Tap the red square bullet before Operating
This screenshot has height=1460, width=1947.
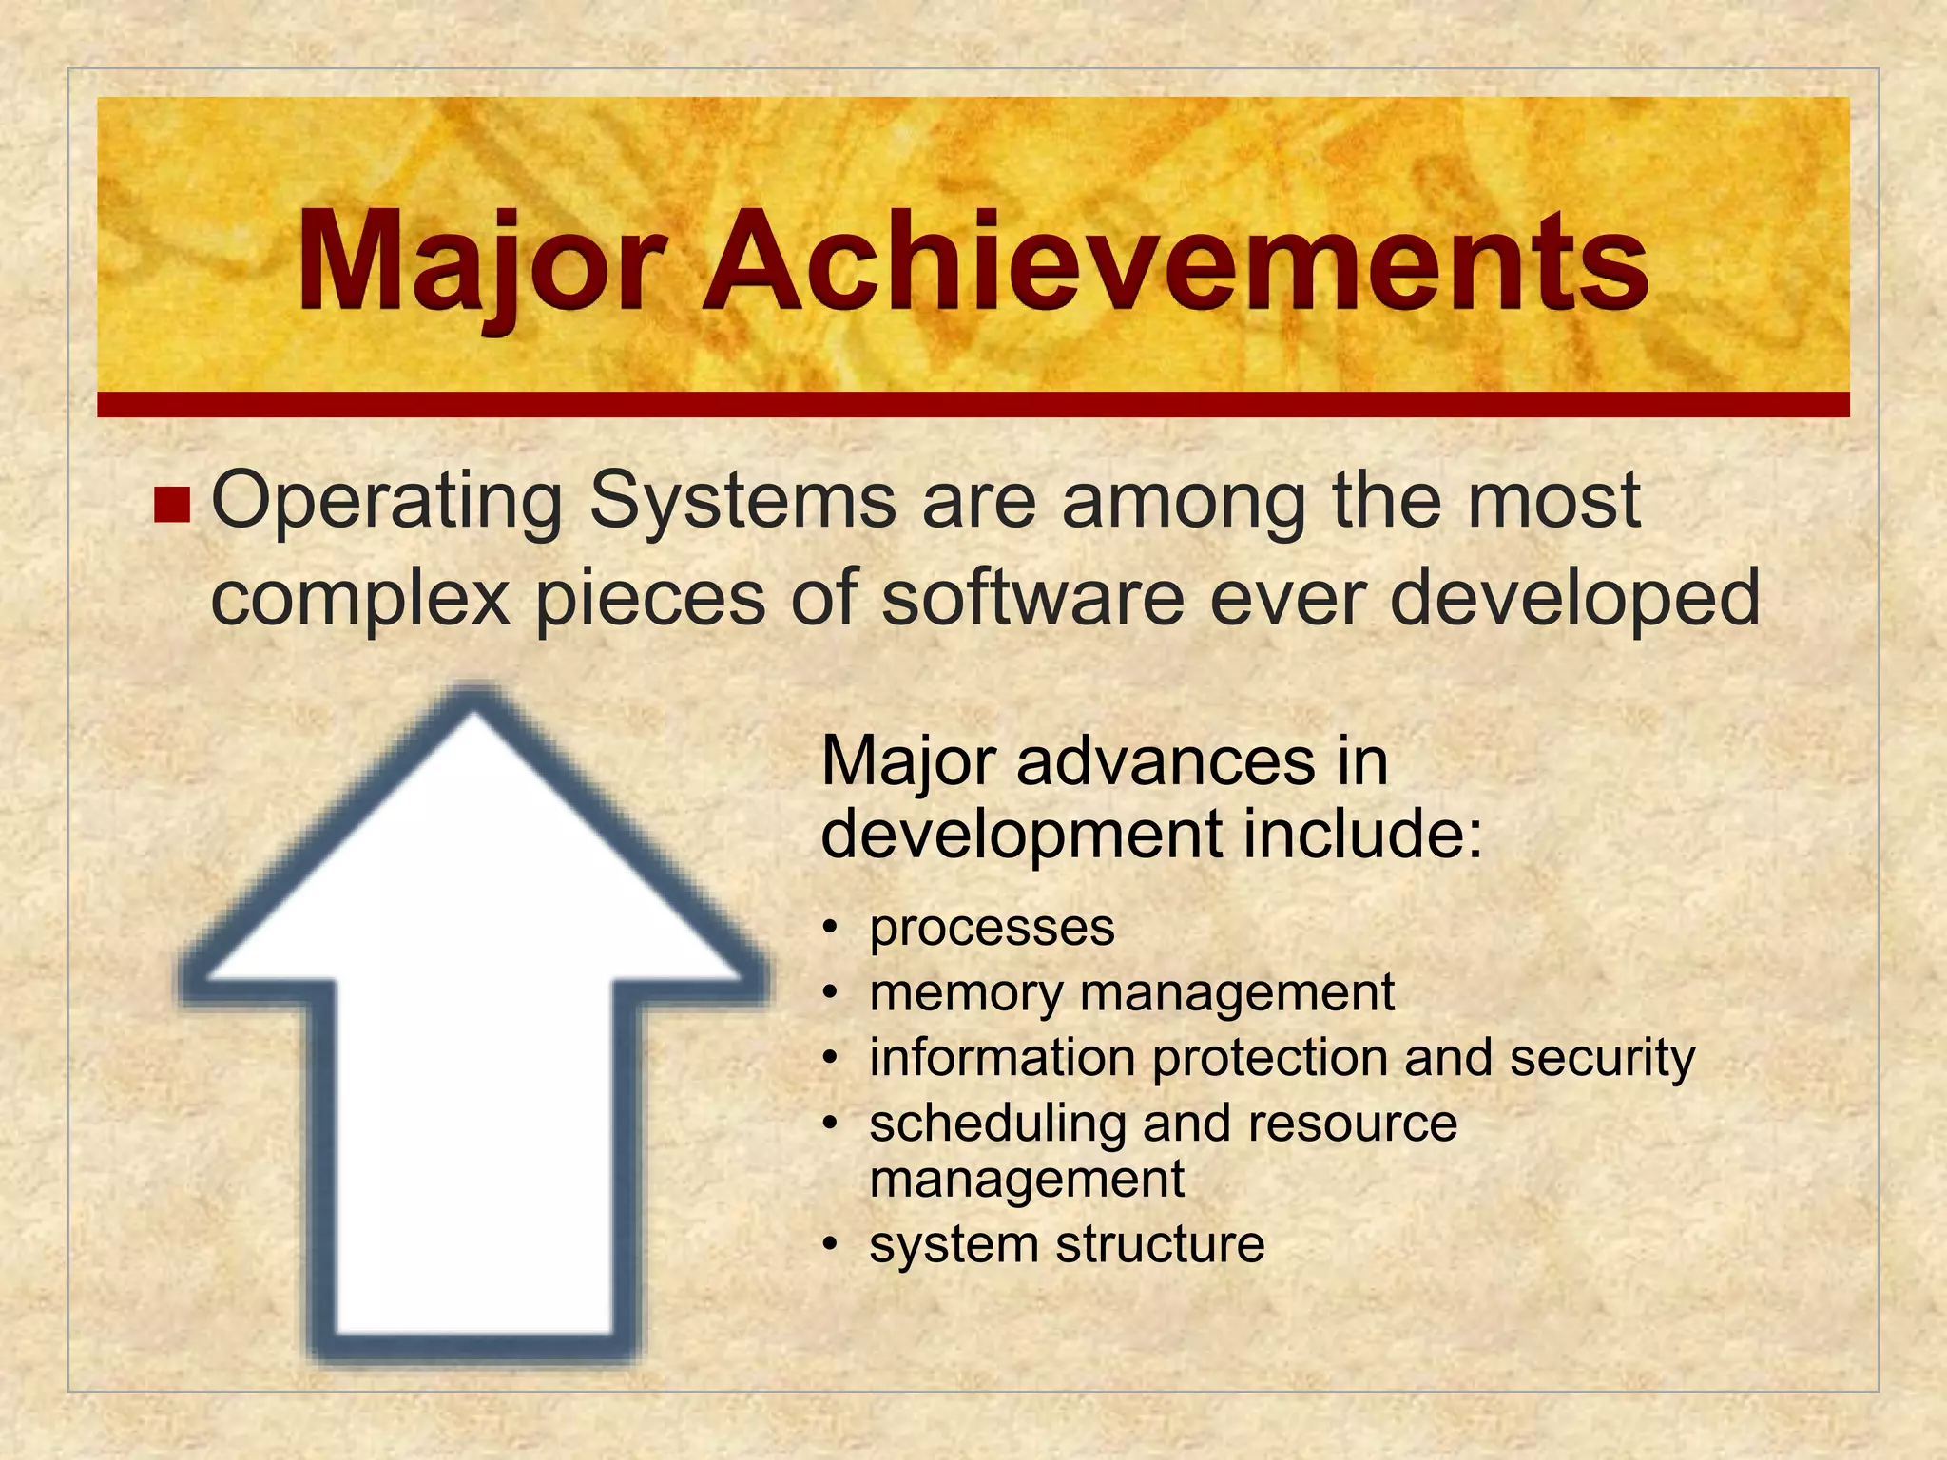pyautogui.click(x=172, y=505)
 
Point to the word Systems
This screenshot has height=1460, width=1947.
pyautogui.click(x=742, y=502)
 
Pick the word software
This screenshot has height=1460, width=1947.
pyautogui.click(x=1032, y=597)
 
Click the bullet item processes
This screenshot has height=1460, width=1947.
pyautogui.click(x=992, y=928)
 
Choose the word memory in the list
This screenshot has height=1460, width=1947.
pyautogui.click(x=966, y=994)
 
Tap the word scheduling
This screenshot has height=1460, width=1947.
pyautogui.click(x=997, y=1124)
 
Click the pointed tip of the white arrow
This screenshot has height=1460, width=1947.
pyautogui.click(x=473, y=708)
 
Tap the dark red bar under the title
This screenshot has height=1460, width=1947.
pyautogui.click(x=973, y=404)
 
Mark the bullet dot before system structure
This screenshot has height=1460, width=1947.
pyautogui.click(x=831, y=1244)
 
